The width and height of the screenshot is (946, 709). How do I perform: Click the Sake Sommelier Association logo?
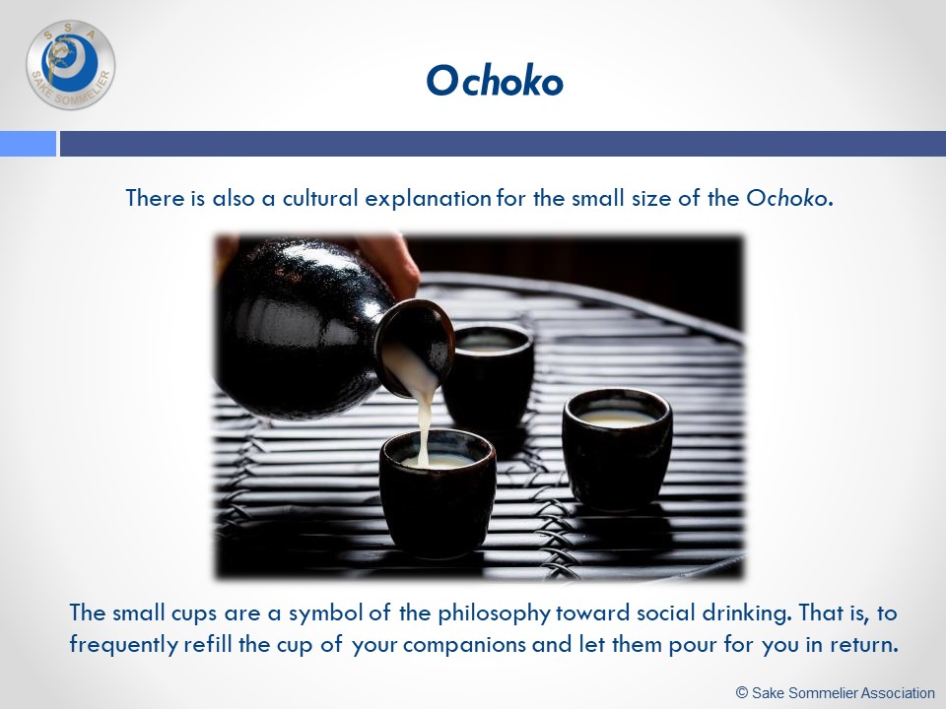click(x=71, y=65)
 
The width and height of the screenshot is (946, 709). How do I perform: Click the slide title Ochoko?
click(x=495, y=81)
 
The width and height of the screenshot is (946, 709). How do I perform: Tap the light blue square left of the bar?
click(x=28, y=144)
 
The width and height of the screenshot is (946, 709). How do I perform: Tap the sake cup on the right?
click(x=617, y=449)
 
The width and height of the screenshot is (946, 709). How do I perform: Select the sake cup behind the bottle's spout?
click(x=489, y=374)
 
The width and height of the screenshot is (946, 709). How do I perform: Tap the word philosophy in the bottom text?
click(x=494, y=614)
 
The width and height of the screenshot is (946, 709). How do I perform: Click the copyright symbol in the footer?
click(x=742, y=692)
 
